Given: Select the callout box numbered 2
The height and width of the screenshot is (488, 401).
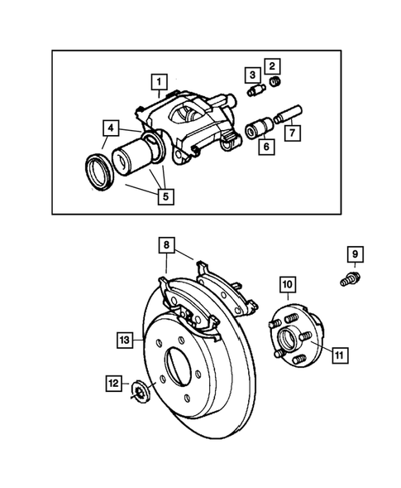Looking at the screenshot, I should tap(272, 65).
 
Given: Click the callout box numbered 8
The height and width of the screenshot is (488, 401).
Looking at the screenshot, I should tap(167, 245).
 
